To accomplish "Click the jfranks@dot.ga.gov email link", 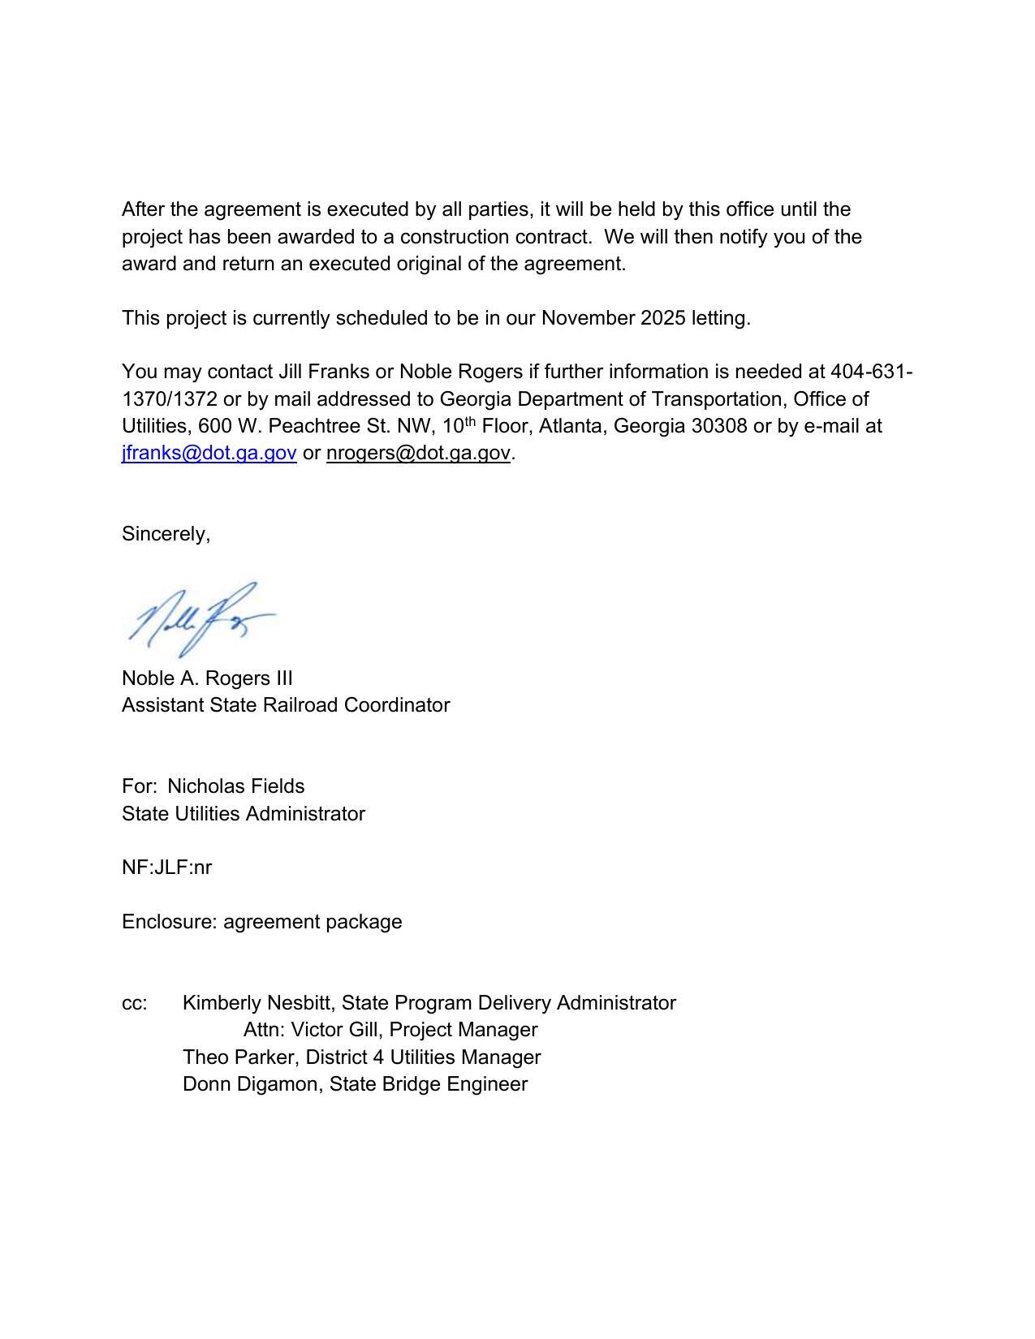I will pos(209,453).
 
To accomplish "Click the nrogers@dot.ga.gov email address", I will pos(418,453).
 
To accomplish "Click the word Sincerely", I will pos(165,534).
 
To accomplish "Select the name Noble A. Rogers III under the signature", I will pos(207,678).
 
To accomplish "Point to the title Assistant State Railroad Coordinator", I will pos(286,705).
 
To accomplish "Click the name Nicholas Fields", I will pos(235,786).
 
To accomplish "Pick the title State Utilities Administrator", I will pos(244,814).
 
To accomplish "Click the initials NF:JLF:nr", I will pos(166,868).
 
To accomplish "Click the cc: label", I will pos(135,1003).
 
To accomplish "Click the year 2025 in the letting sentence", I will pos(662,318).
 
